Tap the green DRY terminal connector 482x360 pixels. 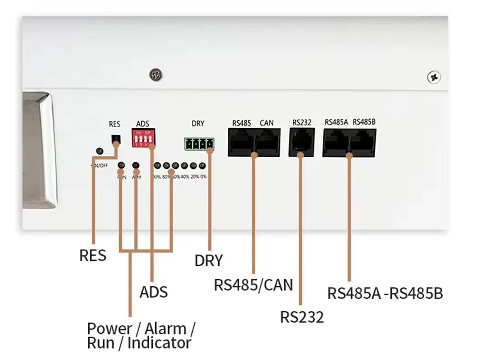(199, 144)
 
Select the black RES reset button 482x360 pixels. (116, 139)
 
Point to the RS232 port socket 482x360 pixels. (301, 141)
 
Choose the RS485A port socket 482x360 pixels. (336, 142)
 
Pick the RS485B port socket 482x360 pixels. (363, 142)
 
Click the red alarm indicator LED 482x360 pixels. (136, 165)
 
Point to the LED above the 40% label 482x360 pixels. (184, 165)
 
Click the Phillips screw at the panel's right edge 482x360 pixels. (433, 77)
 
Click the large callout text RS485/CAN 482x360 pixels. (253, 285)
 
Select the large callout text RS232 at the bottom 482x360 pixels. (301, 317)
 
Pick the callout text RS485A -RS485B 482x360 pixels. (385, 293)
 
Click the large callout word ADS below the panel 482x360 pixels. (153, 292)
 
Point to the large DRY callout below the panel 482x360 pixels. (209, 260)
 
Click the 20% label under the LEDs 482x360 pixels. (194, 176)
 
